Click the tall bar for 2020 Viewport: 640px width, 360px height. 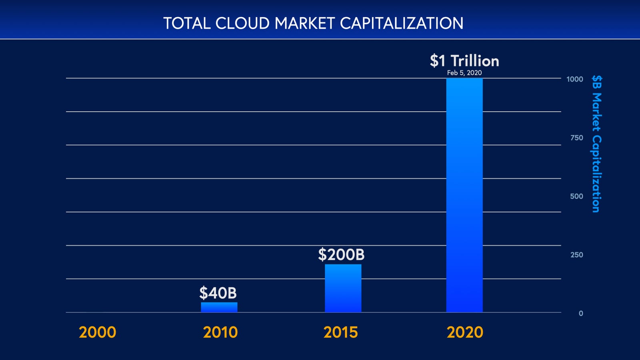click(464, 195)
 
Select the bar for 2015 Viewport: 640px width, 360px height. click(343, 288)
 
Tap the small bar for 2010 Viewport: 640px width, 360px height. click(219, 307)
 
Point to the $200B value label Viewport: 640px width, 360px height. click(341, 255)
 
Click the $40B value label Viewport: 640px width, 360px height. click(218, 293)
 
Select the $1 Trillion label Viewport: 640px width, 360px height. click(464, 61)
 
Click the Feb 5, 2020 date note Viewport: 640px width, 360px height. click(464, 73)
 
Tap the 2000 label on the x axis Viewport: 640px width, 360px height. click(97, 332)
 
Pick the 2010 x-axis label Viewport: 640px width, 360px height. click(220, 332)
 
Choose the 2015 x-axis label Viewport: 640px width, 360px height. click(340, 332)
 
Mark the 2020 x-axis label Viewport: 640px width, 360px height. click(465, 332)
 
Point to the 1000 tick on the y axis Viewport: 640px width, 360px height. click(574, 79)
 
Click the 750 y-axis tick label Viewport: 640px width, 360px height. click(576, 138)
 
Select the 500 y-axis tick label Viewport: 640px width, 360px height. click(576, 196)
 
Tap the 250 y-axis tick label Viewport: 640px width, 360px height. click(576, 255)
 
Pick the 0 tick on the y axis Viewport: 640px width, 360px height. click(581, 314)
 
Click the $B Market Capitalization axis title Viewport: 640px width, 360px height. click(596, 144)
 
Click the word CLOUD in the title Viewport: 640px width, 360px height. click(242, 23)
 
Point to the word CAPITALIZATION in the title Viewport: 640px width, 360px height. click(402, 23)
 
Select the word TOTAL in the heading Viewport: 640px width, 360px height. click(187, 23)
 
